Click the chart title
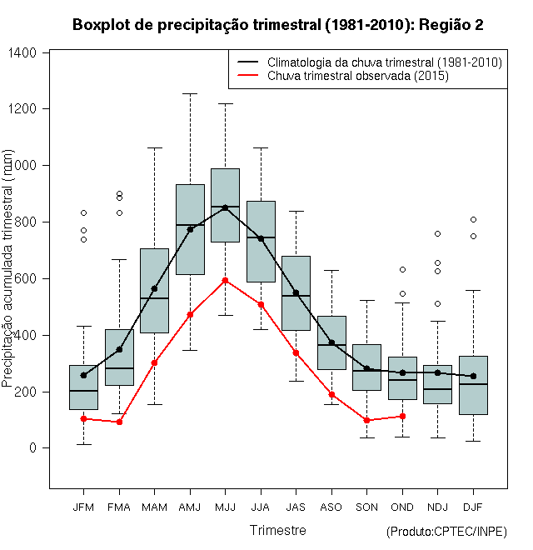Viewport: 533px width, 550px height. tap(277, 25)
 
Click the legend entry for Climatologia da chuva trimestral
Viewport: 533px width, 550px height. tap(385, 62)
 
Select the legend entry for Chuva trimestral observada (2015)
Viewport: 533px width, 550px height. tap(358, 76)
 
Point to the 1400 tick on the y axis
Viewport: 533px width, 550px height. tap(31, 52)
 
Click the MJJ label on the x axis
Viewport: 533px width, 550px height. tap(225, 507)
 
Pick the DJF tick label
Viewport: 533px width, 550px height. tap(473, 507)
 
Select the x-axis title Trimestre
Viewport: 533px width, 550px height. tap(277, 530)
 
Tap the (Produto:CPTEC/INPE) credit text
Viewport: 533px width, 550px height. tap(446, 532)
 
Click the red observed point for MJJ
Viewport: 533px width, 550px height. tap(225, 280)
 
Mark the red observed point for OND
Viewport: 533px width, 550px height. tap(402, 416)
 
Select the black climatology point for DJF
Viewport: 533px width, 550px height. tap(473, 376)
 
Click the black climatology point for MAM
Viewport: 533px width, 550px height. tap(154, 288)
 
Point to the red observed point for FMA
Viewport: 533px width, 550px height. tap(119, 422)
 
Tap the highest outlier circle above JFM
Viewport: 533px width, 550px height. tap(83, 212)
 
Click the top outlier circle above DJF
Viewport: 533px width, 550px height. tap(473, 219)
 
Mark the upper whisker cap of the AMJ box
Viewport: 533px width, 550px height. tap(190, 94)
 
